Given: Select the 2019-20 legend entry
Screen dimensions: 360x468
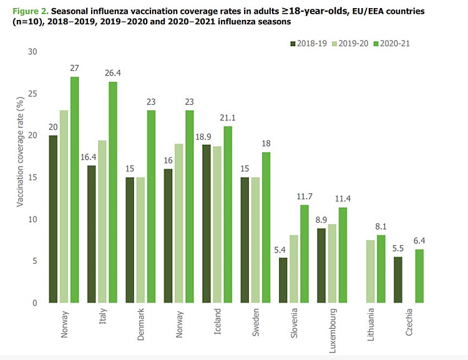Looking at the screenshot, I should [354, 44].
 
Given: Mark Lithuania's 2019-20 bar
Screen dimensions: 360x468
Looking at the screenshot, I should [371, 271].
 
